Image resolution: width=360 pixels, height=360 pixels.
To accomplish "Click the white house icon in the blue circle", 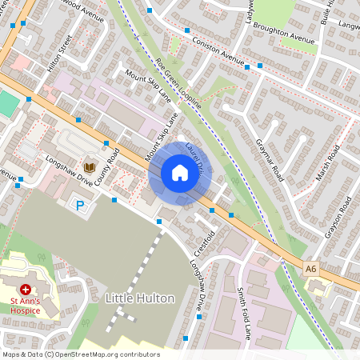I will (180, 173).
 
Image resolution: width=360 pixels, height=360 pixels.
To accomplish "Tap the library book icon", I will (90, 166).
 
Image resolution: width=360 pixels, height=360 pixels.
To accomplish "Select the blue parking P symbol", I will (80, 206).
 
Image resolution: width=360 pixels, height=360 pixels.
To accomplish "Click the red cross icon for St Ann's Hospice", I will (26, 289).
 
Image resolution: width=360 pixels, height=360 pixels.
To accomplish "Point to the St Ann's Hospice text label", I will (26, 305).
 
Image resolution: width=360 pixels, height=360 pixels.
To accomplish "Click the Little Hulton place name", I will (140, 298).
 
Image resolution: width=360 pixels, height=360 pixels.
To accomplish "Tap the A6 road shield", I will (311, 269).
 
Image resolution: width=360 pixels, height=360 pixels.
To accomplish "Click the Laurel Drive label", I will (196, 158).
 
